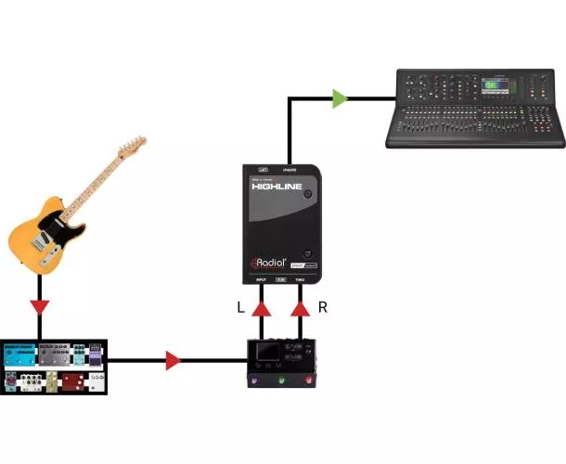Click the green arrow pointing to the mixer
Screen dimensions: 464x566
341,97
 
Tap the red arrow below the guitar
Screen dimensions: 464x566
39,307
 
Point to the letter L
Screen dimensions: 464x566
241,307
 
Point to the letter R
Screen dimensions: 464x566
322,307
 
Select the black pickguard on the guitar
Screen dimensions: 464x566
48,226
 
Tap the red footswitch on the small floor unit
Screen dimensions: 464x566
307,381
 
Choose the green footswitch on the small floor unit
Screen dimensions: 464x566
280,381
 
